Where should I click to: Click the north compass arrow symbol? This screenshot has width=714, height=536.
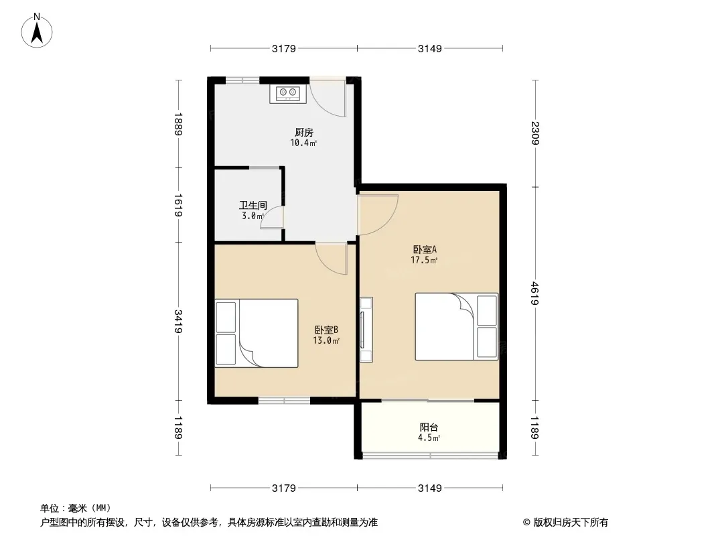[37, 31]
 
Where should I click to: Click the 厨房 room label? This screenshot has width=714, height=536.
[303, 133]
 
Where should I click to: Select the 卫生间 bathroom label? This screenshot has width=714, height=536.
[253, 206]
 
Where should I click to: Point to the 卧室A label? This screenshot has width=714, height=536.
[425, 249]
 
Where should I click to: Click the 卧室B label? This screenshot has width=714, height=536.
[326, 330]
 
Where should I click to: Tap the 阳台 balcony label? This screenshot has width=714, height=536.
[429, 427]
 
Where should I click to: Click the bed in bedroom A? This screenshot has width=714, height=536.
[456, 326]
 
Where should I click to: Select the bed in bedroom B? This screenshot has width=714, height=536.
[257, 333]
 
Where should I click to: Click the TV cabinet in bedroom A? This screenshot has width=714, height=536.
[366, 330]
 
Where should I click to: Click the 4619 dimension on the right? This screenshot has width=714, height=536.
[535, 293]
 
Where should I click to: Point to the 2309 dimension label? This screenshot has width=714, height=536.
[535, 133]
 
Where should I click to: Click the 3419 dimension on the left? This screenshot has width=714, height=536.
[178, 321]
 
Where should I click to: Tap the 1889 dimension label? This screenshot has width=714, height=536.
[178, 124]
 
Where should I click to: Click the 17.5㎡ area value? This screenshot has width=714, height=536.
[424, 260]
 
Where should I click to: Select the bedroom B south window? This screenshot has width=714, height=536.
[284, 400]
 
